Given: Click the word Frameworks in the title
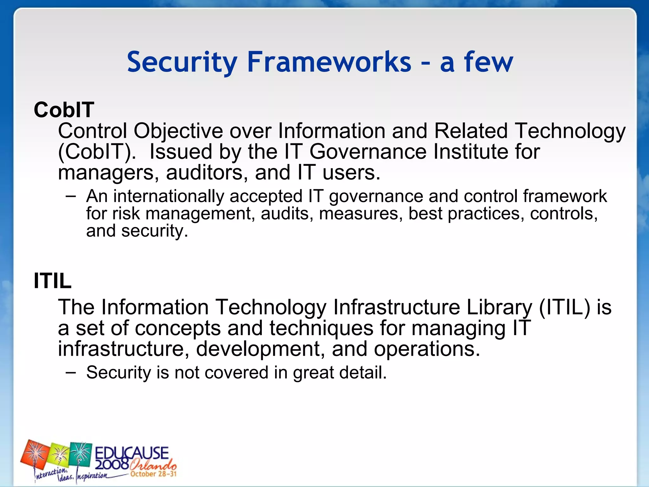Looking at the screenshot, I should (329, 62).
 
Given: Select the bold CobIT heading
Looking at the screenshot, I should (64, 110).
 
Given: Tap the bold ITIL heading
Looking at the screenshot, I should (53, 281).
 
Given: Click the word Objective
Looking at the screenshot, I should (178, 131).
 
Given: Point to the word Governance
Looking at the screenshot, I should (368, 152).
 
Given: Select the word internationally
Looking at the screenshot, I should (169, 196).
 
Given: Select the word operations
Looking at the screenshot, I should (427, 349).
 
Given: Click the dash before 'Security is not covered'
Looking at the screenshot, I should (71, 372).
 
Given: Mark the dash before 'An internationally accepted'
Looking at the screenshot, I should (71, 196).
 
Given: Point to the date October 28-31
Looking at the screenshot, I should (153, 474).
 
